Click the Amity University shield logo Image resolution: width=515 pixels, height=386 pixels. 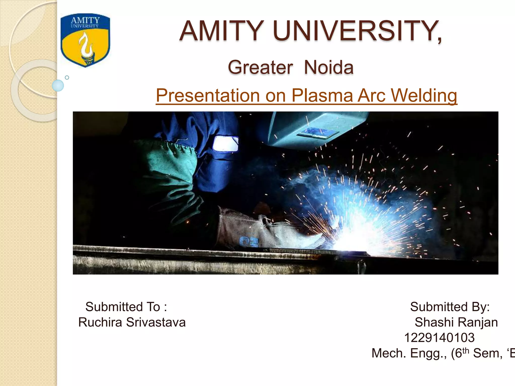point(85,40)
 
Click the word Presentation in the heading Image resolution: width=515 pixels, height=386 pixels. point(208,95)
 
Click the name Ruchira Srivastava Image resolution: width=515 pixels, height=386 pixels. point(132,322)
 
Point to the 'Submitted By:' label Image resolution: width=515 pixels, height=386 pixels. point(450,307)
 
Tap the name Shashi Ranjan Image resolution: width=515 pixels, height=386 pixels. point(456,322)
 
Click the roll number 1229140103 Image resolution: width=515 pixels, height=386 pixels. point(439,338)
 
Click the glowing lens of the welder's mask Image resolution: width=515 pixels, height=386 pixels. point(225,143)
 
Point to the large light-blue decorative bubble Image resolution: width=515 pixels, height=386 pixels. point(58,85)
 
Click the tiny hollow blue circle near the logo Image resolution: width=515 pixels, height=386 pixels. point(67,78)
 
